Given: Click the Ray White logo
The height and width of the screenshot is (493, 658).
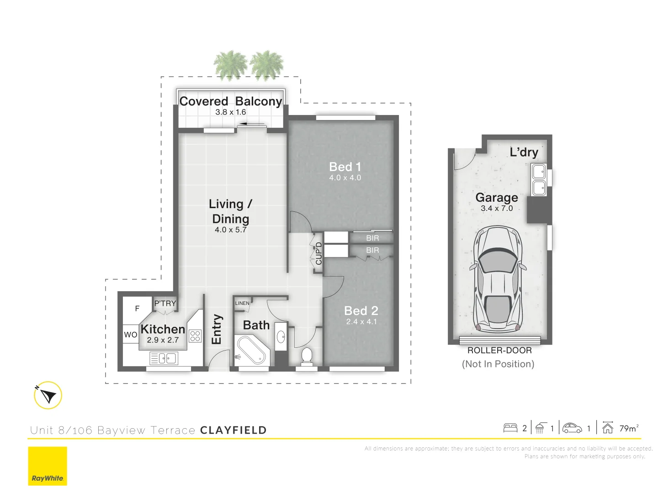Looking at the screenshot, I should tap(48, 466).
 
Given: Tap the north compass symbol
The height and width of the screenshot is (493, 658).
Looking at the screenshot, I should tap(48, 395).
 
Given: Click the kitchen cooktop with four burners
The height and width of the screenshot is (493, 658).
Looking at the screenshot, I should tap(195, 336).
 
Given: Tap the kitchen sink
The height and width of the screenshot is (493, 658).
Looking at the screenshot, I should tap(164, 358).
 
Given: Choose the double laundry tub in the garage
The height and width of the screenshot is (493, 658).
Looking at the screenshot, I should tap(539, 179).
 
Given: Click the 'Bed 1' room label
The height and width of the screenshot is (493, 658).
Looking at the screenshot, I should tap(345, 167).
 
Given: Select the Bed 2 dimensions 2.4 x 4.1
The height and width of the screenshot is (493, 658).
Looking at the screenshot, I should tap(361, 322).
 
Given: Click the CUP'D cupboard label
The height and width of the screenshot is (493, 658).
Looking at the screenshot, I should tap(319, 253).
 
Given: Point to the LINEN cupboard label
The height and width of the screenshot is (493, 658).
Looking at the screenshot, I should tap(242, 303).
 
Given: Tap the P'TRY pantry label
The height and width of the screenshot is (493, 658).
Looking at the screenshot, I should tap(165, 304).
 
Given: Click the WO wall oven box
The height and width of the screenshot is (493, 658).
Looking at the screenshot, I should tap(131, 335).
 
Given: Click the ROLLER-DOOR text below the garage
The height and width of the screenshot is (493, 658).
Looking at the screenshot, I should tap(499, 351).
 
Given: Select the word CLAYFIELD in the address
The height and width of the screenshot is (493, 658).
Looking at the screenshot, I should tap(233, 430).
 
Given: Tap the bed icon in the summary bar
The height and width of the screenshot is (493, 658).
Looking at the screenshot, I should tap(510, 428).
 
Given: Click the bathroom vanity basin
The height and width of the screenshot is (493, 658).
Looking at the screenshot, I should tap(281, 338).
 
